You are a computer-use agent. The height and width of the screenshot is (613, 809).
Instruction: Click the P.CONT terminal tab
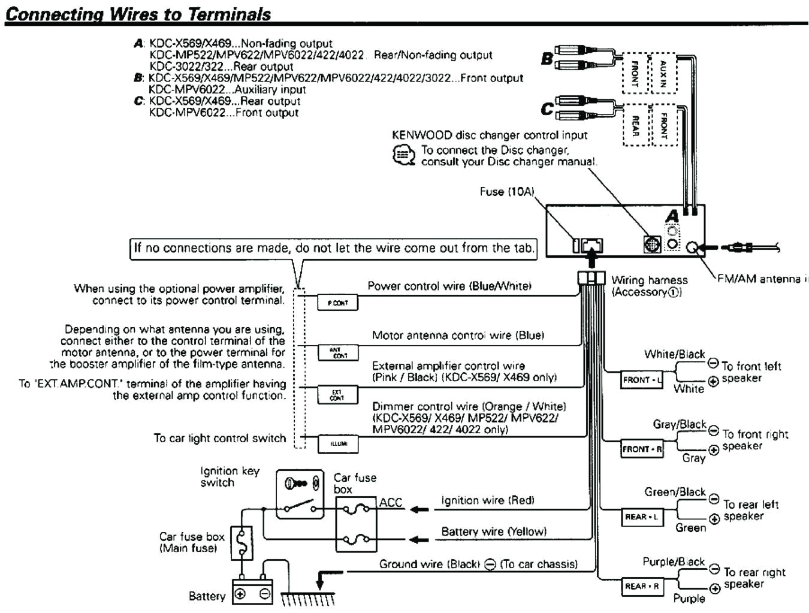337,303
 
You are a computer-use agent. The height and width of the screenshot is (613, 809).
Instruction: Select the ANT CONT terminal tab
337,352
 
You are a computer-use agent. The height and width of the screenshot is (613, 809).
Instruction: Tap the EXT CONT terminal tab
337,395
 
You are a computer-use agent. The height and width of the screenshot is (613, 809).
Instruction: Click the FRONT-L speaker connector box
641,380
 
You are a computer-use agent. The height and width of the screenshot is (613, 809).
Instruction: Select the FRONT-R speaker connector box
642,449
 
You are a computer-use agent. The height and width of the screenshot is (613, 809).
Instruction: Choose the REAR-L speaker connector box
642,517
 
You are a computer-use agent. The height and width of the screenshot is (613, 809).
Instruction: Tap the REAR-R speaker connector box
642,586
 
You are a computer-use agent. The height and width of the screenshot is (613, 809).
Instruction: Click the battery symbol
252,593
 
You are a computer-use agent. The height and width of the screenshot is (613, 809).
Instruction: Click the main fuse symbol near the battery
242,543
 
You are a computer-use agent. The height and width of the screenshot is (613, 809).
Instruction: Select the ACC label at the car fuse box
391,503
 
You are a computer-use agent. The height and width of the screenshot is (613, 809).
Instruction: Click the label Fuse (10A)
506,192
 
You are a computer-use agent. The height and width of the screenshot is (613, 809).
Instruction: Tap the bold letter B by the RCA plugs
547,59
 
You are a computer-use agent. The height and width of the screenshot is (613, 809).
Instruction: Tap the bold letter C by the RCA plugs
547,108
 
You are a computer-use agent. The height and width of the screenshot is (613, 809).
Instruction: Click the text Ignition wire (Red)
487,500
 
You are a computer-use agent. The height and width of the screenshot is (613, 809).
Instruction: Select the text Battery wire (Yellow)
493,532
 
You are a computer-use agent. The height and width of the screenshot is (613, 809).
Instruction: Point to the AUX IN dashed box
663,74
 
